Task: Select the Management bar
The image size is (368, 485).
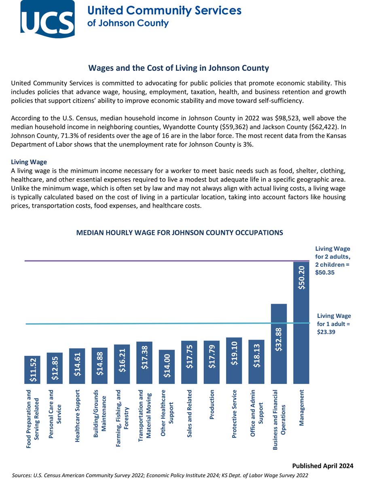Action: pos(301,323)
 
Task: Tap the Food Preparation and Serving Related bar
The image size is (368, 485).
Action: pos(32,370)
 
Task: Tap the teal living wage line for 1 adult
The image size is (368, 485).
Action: pos(121,324)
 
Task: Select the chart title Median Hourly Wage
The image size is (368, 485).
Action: pos(180,233)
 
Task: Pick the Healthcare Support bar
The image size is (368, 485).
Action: pos(77,366)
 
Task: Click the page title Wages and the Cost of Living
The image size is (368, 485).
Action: pos(178,68)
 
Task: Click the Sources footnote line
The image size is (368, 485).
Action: pos(160,475)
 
